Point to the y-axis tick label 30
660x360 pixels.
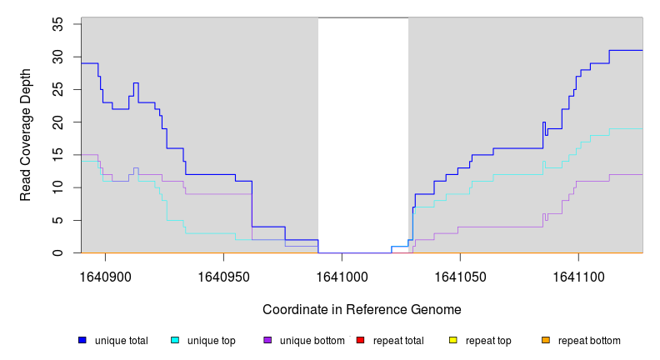58,57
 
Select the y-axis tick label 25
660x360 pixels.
58,89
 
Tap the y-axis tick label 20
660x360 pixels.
58,122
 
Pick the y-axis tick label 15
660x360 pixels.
58,155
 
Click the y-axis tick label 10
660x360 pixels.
58,187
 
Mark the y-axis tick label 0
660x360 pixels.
58,252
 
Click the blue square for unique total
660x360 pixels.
82,340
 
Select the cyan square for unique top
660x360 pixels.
175,340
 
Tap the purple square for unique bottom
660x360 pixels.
267,340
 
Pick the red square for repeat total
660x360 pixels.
360,340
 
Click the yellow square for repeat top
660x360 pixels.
453,340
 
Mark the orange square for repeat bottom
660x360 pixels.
546,340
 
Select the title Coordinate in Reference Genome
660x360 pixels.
362,309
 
